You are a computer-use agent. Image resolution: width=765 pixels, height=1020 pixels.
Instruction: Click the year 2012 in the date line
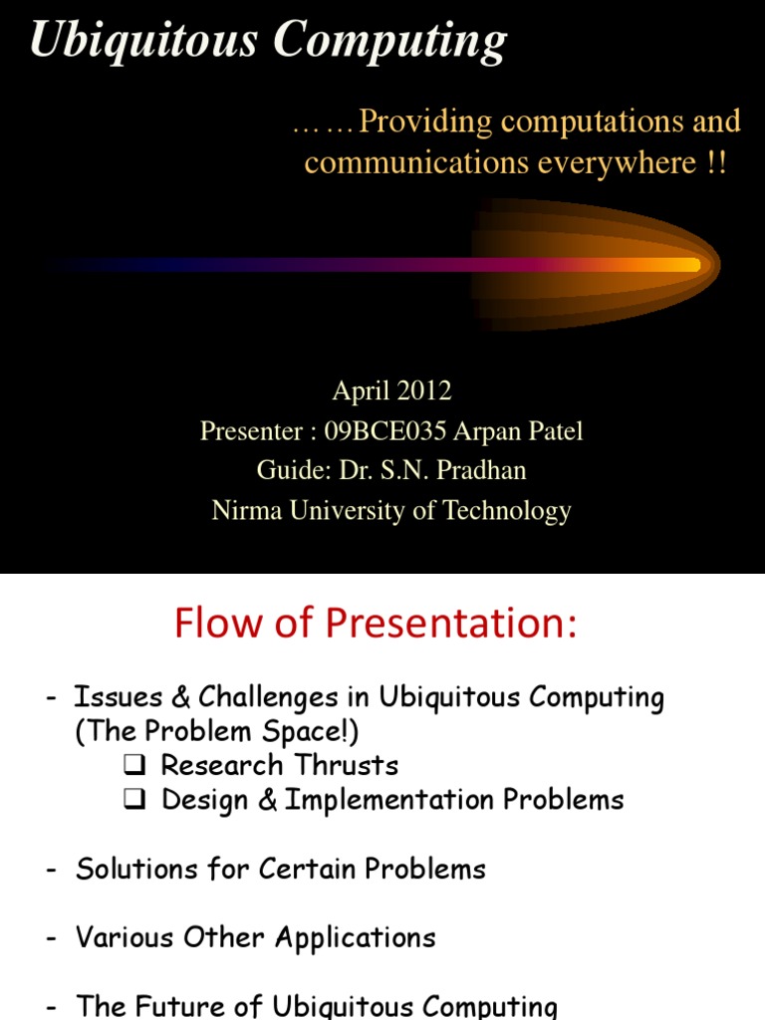pos(426,390)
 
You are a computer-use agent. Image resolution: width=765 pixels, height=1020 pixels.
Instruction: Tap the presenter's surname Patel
pos(548,431)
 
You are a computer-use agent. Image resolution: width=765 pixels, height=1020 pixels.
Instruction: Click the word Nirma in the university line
pos(244,511)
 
